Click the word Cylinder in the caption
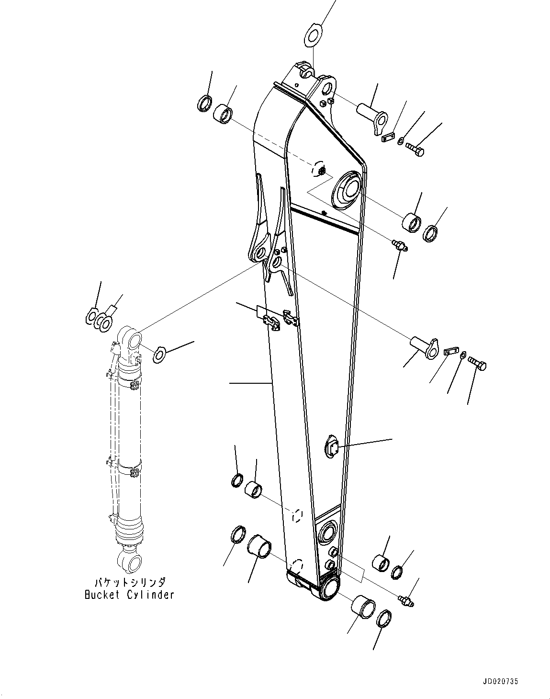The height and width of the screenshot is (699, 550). point(150,595)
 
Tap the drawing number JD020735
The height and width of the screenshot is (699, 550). point(500,680)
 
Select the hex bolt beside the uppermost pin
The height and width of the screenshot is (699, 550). point(415,149)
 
